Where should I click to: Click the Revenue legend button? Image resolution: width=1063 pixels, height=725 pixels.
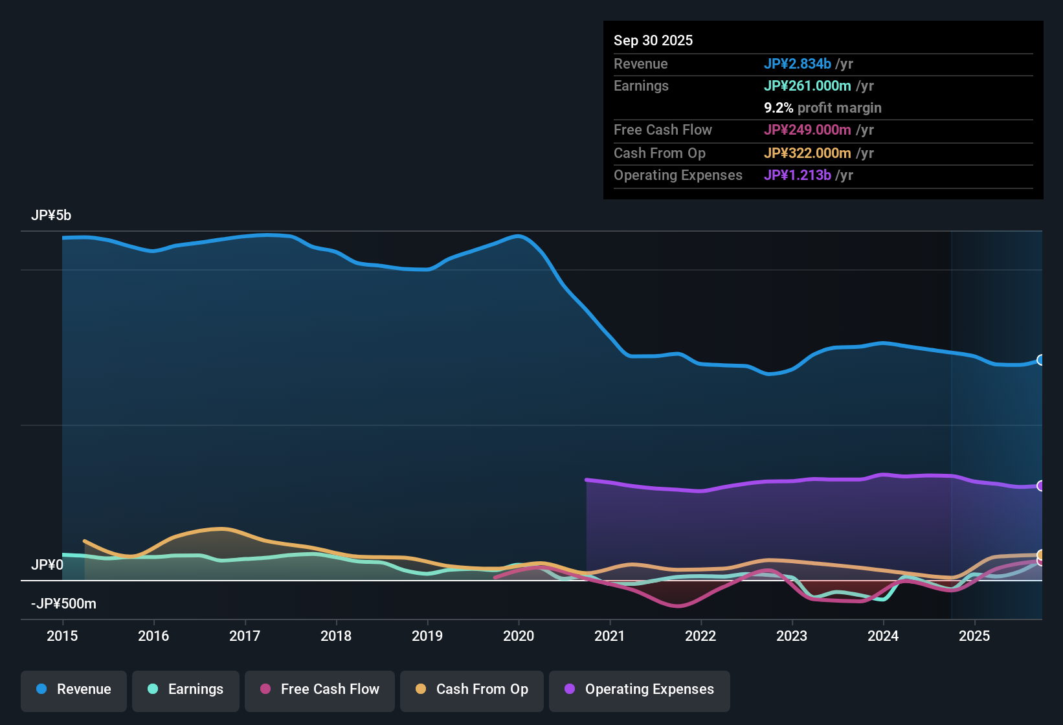tap(74, 689)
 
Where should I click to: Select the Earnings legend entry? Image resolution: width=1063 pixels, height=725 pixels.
tap(186, 689)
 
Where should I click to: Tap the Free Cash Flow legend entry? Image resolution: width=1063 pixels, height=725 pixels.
tap(320, 689)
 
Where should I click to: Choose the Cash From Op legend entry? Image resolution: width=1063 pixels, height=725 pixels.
tap(472, 689)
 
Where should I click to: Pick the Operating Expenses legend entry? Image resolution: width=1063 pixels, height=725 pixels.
tap(640, 689)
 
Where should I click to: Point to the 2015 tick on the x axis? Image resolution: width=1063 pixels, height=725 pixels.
tap(62, 636)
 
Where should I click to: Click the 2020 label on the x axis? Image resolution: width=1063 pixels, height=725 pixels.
tap(519, 636)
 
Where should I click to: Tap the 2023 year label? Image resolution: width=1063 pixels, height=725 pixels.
tap(792, 636)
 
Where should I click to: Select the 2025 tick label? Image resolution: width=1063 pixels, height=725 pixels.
tap(974, 636)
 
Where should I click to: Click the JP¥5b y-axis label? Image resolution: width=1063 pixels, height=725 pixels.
tap(51, 216)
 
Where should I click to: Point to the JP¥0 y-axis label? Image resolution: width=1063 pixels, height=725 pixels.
tap(47, 565)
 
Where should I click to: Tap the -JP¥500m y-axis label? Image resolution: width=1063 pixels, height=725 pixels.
tap(63, 604)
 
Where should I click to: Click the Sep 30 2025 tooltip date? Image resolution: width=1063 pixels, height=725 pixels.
tap(653, 40)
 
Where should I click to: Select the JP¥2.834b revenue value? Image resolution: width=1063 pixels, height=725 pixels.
tap(797, 63)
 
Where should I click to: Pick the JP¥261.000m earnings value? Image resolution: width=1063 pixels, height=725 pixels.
tap(807, 85)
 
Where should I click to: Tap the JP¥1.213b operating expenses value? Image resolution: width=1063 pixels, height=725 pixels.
tap(797, 175)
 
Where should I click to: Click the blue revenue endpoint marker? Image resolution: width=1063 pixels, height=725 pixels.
tap(1041, 360)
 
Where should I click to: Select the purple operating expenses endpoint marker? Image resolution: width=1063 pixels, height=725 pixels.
tap(1041, 485)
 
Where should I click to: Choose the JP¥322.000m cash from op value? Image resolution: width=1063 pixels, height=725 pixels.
tap(807, 153)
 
